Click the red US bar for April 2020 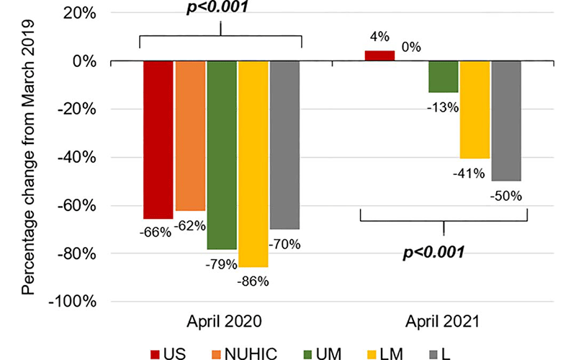158,140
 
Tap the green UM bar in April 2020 222,155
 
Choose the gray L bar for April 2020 285,145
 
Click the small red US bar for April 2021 380,56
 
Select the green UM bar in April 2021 444,76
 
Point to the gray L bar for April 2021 507,120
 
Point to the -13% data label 444,107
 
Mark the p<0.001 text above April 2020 220,8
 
